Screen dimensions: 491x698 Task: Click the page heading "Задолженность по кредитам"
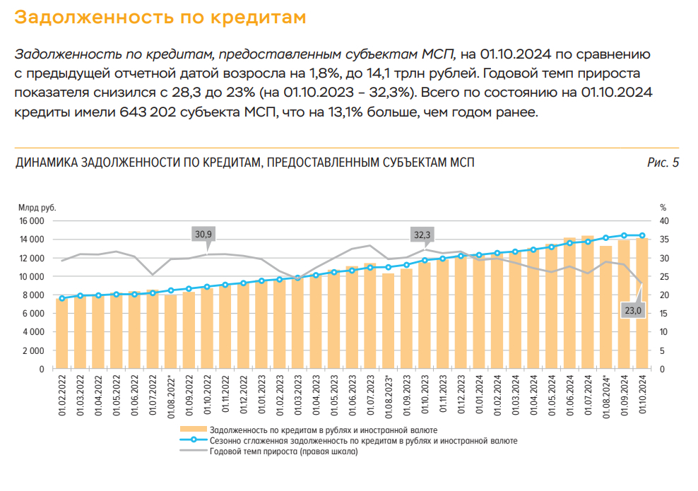(160, 18)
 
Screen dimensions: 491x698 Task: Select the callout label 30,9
(203, 234)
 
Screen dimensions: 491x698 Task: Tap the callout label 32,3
(422, 234)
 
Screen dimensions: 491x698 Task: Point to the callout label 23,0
(632, 310)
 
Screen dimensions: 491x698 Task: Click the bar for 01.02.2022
(62, 333)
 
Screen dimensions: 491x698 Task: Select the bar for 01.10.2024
(642, 304)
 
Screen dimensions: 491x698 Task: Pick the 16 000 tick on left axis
(31, 220)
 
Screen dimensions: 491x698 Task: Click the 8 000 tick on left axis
(33, 295)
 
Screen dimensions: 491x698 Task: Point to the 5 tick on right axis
(661, 350)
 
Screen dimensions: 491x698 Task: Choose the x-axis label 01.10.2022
(208, 398)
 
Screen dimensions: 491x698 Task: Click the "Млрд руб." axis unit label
(37, 208)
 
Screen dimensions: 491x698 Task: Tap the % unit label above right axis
(663, 208)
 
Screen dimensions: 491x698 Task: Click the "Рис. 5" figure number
(663, 163)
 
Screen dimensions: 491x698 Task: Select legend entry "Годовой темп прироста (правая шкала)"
(283, 451)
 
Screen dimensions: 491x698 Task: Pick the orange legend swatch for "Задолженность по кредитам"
(193, 430)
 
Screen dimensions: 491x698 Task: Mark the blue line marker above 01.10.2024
(642, 235)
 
